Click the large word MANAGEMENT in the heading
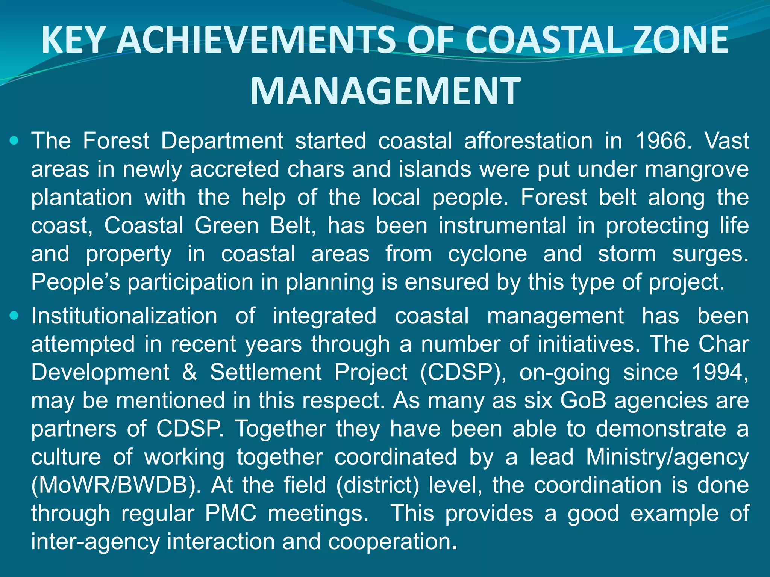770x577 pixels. pos(385,91)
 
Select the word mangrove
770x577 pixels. pos(697,170)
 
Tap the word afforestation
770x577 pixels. pos(528,141)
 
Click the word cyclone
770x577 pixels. pos(488,254)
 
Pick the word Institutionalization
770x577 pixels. pos(124,316)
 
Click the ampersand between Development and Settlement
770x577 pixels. pos(189,372)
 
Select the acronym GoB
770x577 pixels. pos(583,400)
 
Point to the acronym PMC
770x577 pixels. pos(231,514)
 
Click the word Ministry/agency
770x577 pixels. pos(667,457)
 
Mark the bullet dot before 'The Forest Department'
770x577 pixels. pos(14,141)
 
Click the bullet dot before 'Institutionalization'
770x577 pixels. pos(14,316)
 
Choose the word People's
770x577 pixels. pos(76,282)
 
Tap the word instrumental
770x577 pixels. pos(502,226)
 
